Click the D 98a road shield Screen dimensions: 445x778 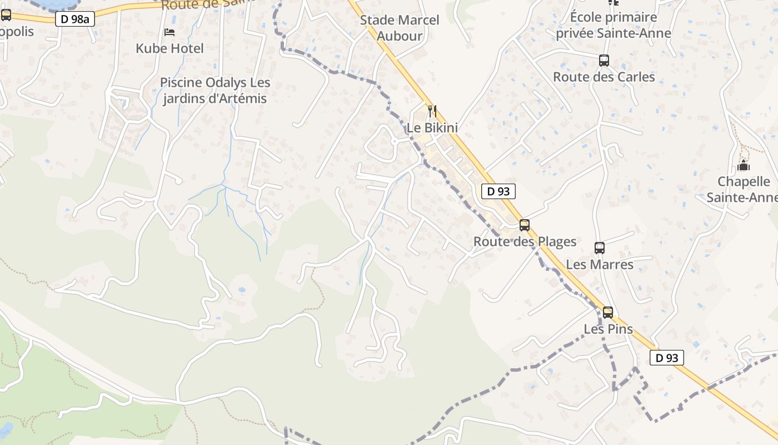[x=75, y=19]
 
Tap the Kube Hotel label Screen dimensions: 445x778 [x=169, y=48]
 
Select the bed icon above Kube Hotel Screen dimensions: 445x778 [x=169, y=32]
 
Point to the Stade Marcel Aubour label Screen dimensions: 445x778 [x=400, y=28]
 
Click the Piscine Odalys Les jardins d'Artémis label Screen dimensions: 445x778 [x=215, y=91]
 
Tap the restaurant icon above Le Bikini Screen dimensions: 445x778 [x=432, y=111]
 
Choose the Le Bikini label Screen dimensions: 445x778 [x=432, y=128]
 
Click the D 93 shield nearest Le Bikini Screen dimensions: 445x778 [x=498, y=191]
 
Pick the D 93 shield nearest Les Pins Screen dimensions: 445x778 [x=666, y=358]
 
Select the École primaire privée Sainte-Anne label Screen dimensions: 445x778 [x=614, y=25]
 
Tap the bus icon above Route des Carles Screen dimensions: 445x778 [x=604, y=61]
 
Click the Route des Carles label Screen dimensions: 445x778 [x=604, y=77]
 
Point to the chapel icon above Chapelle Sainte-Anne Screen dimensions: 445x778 [x=743, y=166]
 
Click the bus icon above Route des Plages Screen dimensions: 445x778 [x=525, y=225]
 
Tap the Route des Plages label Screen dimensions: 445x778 [x=525, y=242]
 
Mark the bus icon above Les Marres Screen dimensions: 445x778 [x=600, y=248]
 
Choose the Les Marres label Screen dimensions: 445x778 [x=600, y=264]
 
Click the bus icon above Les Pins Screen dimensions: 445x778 [x=608, y=313]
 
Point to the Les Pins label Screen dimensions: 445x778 [x=608, y=329]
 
